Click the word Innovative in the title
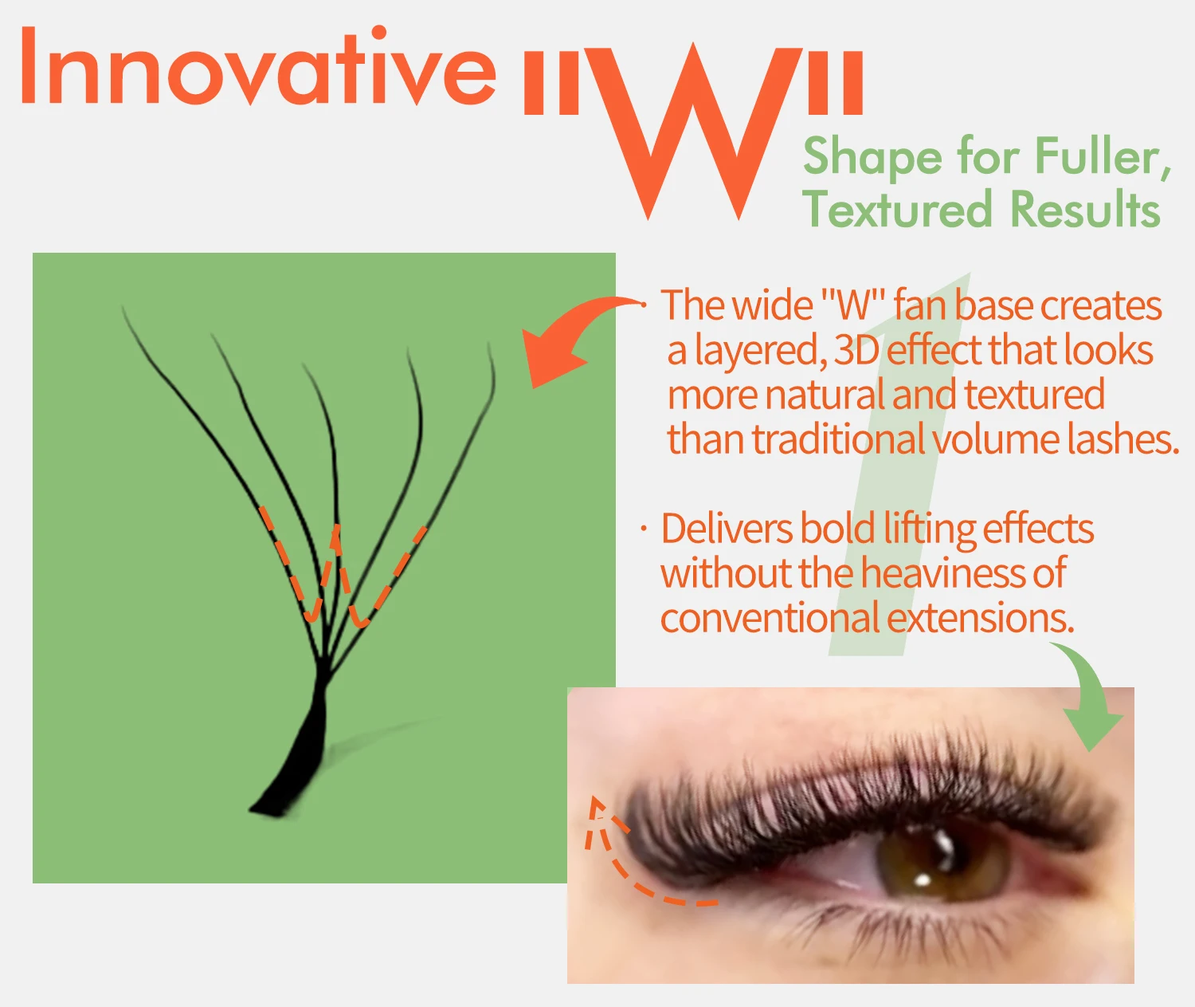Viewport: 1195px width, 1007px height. pyautogui.click(x=259, y=66)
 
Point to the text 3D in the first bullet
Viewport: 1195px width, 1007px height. pyautogui.click(x=856, y=351)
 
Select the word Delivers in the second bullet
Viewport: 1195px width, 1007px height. pyautogui.click(x=727, y=528)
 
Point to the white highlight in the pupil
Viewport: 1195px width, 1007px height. pyautogui.click(x=923, y=880)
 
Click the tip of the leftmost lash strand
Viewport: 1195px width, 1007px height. pyautogui.click(x=122, y=307)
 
